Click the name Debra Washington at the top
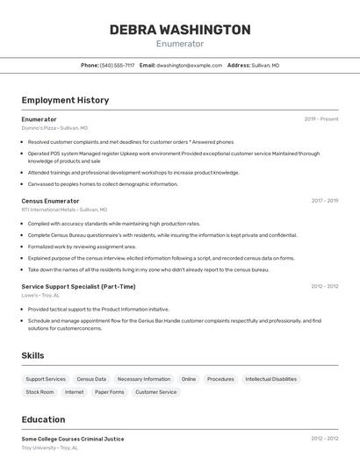pyautogui.click(x=179, y=30)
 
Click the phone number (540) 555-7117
pyautogui.click(x=117, y=65)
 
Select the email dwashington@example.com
pyautogui.click(x=189, y=65)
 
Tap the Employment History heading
pyautogui.click(x=65, y=100)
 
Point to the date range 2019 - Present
pyautogui.click(x=320, y=119)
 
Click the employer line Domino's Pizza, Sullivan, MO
pyautogui.click(x=54, y=128)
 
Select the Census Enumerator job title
pyautogui.click(x=50, y=201)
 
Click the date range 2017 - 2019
pyautogui.click(x=324, y=201)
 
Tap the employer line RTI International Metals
pyautogui.click(x=64, y=210)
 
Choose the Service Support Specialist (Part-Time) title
pyautogui.click(x=78, y=286)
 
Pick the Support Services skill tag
pyautogui.click(x=46, y=379)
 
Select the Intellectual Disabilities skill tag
pyautogui.click(x=270, y=379)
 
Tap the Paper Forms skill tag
pyautogui.click(x=110, y=392)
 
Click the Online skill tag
pyautogui.click(x=189, y=379)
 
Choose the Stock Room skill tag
pyautogui.click(x=40, y=392)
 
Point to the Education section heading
pyautogui.click(x=43, y=419)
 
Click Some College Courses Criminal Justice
pyautogui.click(x=73, y=439)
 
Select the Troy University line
pyautogui.click(x=50, y=447)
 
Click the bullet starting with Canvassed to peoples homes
pyautogui.click(x=103, y=184)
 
